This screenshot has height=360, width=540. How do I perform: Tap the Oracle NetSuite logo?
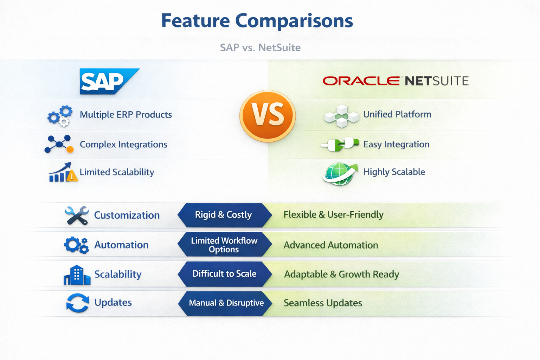[x=396, y=81]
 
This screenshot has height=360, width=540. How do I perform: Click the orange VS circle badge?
[x=268, y=116]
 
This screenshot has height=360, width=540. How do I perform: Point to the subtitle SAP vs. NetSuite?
[x=260, y=47]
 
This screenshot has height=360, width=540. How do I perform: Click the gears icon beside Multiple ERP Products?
[x=60, y=115]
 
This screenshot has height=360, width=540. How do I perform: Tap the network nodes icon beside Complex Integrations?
[x=59, y=144]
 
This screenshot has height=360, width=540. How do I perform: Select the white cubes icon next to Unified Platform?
[x=341, y=116]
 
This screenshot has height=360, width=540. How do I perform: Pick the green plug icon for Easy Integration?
[x=340, y=144]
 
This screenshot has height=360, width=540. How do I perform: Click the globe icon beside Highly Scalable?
[x=340, y=173]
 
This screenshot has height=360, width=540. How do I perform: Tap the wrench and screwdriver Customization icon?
[x=77, y=215]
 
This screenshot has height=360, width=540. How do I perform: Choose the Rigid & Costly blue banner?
[x=224, y=215]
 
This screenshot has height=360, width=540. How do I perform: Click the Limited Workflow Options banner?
[x=224, y=245]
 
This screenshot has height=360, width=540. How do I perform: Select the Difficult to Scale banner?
[x=224, y=274]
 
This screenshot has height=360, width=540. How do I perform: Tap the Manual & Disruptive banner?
[x=226, y=303]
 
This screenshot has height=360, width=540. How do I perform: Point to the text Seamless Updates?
[x=323, y=303]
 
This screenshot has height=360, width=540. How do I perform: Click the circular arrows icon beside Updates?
[x=78, y=303]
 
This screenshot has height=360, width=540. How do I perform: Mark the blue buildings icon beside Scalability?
[x=77, y=275]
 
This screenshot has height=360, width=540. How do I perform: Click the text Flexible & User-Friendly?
[x=333, y=215]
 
